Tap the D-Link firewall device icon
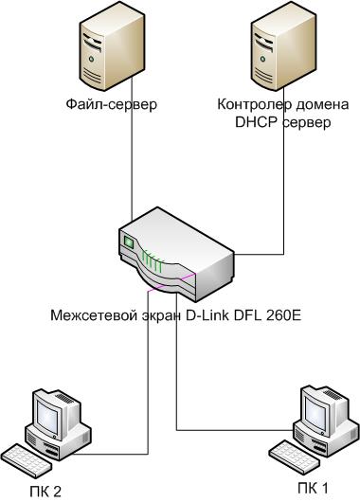175,255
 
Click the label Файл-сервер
112,105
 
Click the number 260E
284,315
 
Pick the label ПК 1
313,489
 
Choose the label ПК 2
45,492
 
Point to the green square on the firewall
129,242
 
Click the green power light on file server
92,59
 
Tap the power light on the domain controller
263,59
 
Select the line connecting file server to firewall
132,149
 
